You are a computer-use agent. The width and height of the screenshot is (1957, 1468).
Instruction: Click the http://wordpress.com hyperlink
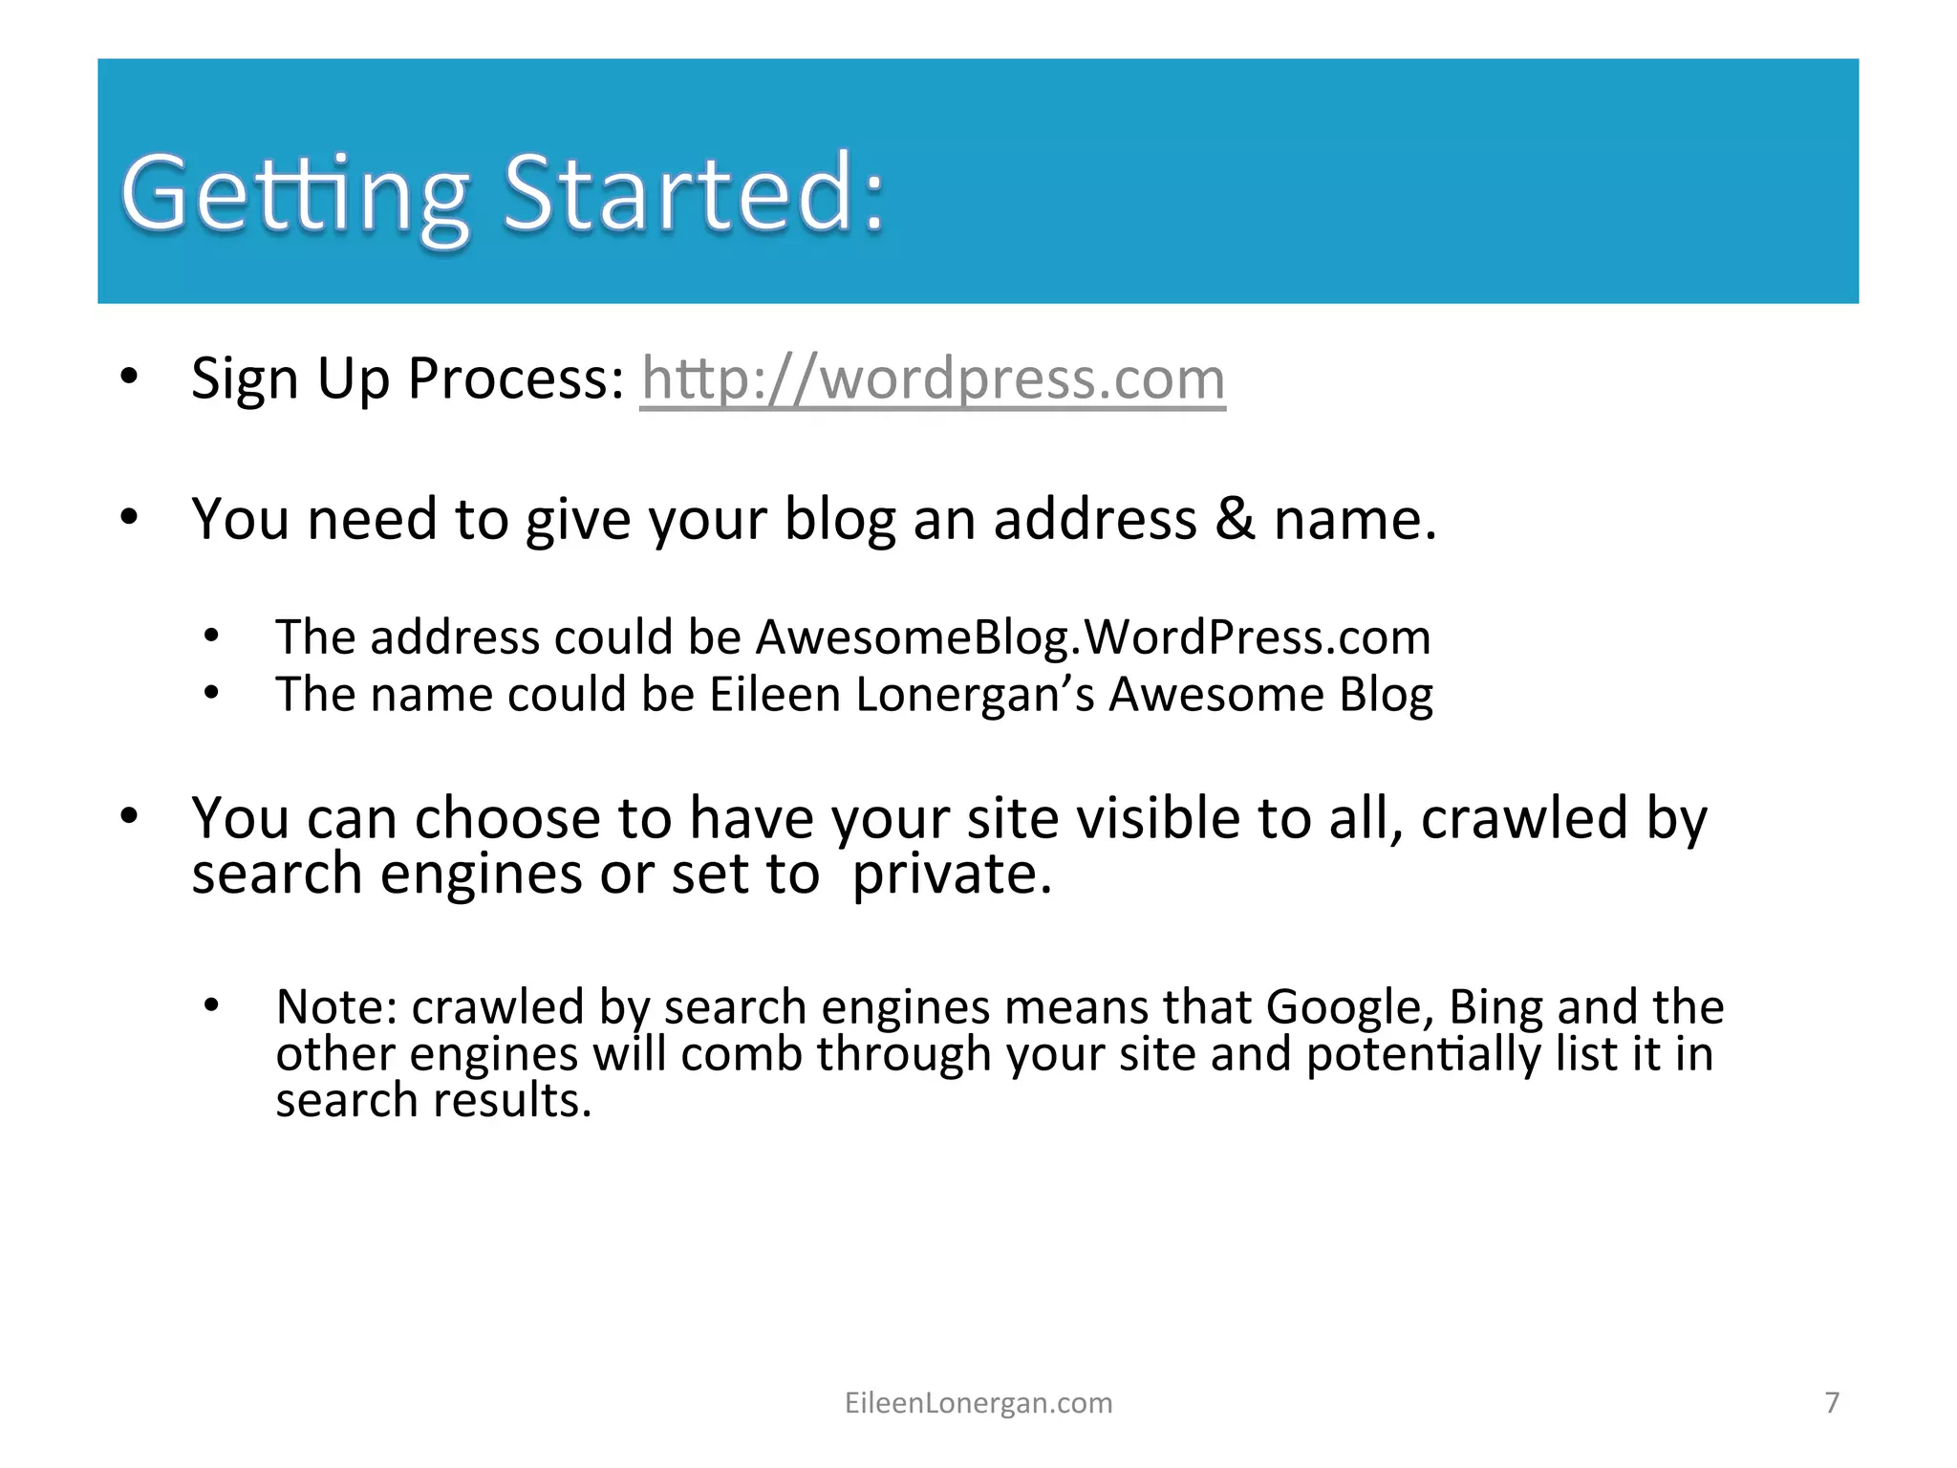[x=932, y=379]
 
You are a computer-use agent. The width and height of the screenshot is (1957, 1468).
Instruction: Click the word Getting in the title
[x=295, y=196]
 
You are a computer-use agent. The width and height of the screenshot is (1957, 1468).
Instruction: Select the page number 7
[x=1832, y=1402]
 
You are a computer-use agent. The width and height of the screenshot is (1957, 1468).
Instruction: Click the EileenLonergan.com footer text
[x=978, y=1403]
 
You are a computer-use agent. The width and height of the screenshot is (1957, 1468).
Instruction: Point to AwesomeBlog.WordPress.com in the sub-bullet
[x=1093, y=637]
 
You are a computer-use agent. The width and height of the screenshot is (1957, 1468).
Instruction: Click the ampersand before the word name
[x=1236, y=519]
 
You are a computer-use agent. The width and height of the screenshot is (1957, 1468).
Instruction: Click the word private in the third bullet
[x=951, y=874]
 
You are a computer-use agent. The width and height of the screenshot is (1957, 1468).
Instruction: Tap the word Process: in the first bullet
[x=516, y=379]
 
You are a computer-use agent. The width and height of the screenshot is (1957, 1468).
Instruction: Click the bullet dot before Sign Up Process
[x=130, y=376]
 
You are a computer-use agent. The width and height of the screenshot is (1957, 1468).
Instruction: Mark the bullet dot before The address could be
[x=212, y=635]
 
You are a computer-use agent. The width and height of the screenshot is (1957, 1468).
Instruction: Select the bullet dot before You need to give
[x=130, y=517]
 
